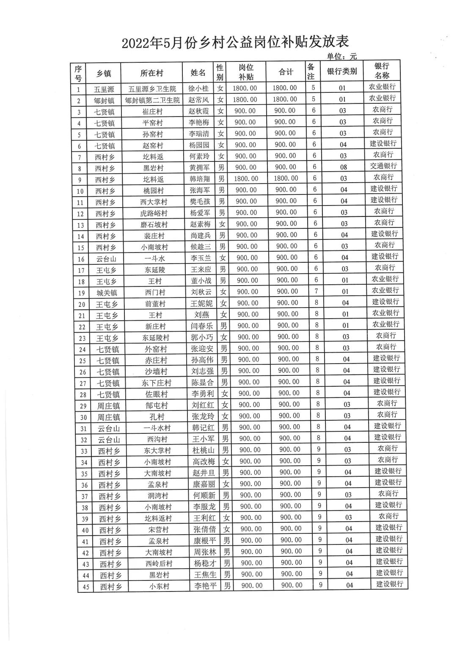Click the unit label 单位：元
(x=341, y=56)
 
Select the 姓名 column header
(x=198, y=72)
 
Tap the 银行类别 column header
(x=341, y=72)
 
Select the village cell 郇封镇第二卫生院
(x=152, y=100)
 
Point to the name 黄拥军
(x=199, y=168)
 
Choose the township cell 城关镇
(x=107, y=293)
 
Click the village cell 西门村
(x=154, y=292)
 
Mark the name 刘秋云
(x=202, y=292)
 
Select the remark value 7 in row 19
(x=316, y=291)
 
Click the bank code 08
(x=344, y=167)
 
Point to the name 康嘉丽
(x=204, y=484)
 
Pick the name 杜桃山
(x=204, y=450)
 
